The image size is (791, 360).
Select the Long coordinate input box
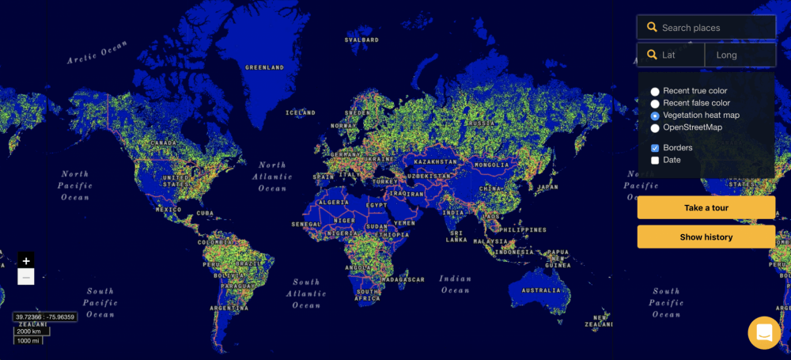click(741, 55)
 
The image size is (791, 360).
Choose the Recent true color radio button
click(655, 92)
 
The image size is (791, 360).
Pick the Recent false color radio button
click(655, 104)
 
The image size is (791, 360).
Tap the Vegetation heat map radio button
click(655, 116)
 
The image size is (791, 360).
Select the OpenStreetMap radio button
click(655, 127)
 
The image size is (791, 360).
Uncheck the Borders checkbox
click(655, 148)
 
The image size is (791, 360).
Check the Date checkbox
click(655, 160)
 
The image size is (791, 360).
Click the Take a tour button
click(706, 208)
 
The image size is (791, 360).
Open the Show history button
click(706, 237)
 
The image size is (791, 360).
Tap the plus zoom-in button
click(26, 260)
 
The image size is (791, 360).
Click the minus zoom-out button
click(26, 277)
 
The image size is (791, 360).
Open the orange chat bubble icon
click(764, 332)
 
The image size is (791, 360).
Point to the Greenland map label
click(264, 68)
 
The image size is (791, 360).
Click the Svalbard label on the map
click(361, 40)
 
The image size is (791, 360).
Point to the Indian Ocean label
click(455, 284)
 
